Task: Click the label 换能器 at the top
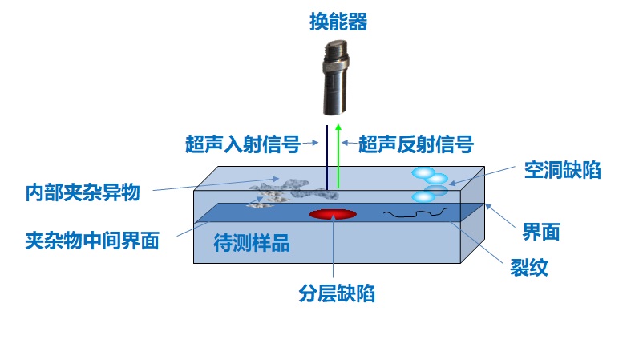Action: (x=338, y=22)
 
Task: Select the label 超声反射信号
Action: (x=415, y=144)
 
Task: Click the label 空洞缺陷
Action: (x=561, y=169)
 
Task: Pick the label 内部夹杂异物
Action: (x=83, y=192)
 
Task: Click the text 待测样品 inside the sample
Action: (x=252, y=244)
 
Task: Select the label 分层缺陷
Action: (x=337, y=294)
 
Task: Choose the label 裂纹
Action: (x=529, y=268)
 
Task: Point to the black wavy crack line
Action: (x=415, y=213)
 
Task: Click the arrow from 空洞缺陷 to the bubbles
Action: (x=481, y=178)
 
